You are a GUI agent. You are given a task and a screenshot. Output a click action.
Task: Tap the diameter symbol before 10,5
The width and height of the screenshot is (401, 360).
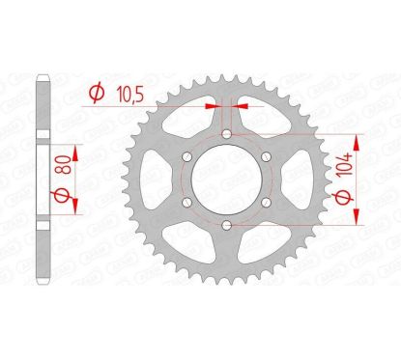pos(96,94)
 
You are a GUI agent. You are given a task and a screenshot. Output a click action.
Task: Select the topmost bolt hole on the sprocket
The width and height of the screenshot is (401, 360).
pos(224,133)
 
